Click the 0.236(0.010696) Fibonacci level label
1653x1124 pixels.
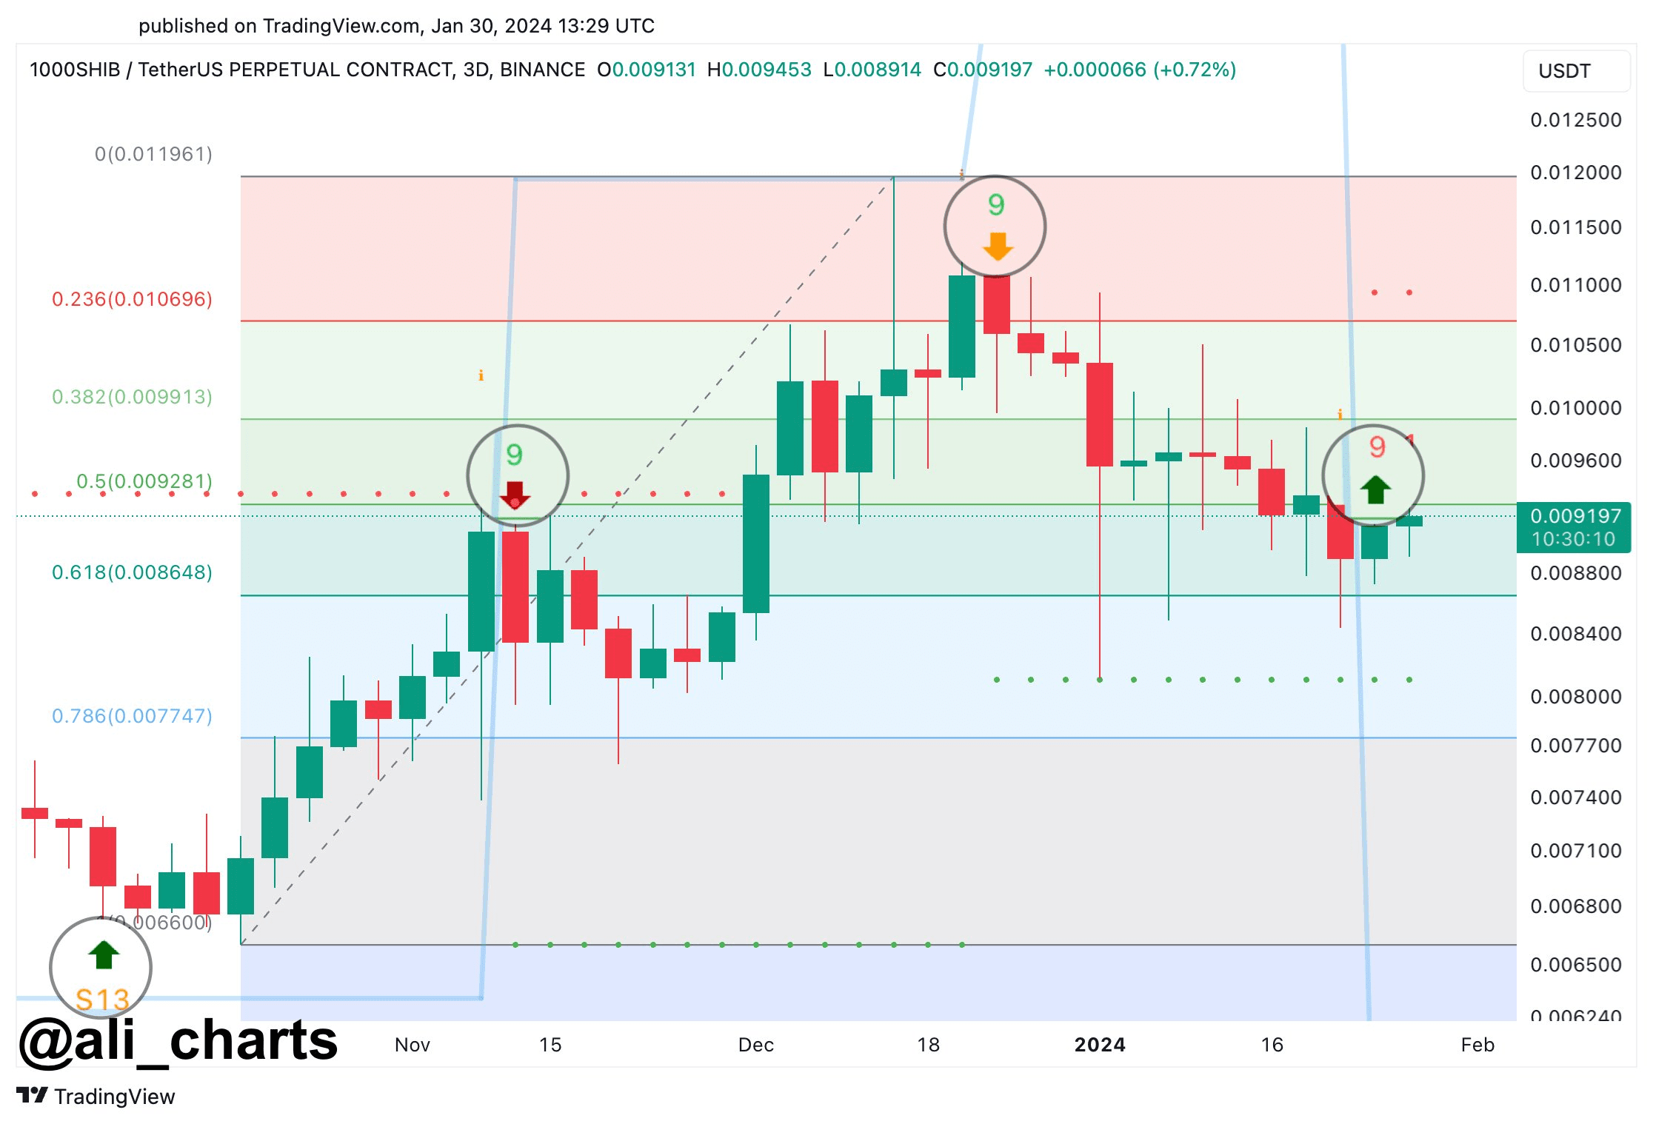pyautogui.click(x=132, y=299)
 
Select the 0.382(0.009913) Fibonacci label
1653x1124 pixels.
pyautogui.click(x=132, y=397)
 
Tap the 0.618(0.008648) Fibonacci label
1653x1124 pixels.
pyautogui.click(x=132, y=572)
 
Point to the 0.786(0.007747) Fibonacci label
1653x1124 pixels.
pyautogui.click(x=132, y=716)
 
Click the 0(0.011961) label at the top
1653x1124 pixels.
pyautogui.click(x=153, y=154)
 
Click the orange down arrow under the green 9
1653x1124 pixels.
pyautogui.click(x=998, y=247)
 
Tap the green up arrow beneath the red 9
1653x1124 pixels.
pyautogui.click(x=1375, y=489)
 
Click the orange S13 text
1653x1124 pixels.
pyautogui.click(x=102, y=1000)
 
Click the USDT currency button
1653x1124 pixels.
pyautogui.click(x=1574, y=71)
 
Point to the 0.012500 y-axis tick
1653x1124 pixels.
pyautogui.click(x=1575, y=120)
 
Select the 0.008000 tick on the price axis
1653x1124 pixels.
pyautogui.click(x=1575, y=697)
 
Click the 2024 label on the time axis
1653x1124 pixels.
pyautogui.click(x=1100, y=1045)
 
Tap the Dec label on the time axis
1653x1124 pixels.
pyautogui.click(x=755, y=1045)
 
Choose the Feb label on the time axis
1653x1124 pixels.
pyautogui.click(x=1477, y=1045)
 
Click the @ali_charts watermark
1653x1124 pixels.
pyautogui.click(x=178, y=1040)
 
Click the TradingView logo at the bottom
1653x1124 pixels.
pyautogui.click(x=96, y=1096)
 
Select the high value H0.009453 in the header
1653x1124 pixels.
pyautogui.click(x=759, y=70)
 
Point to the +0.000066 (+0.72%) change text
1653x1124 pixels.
pyautogui.click(x=1139, y=70)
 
